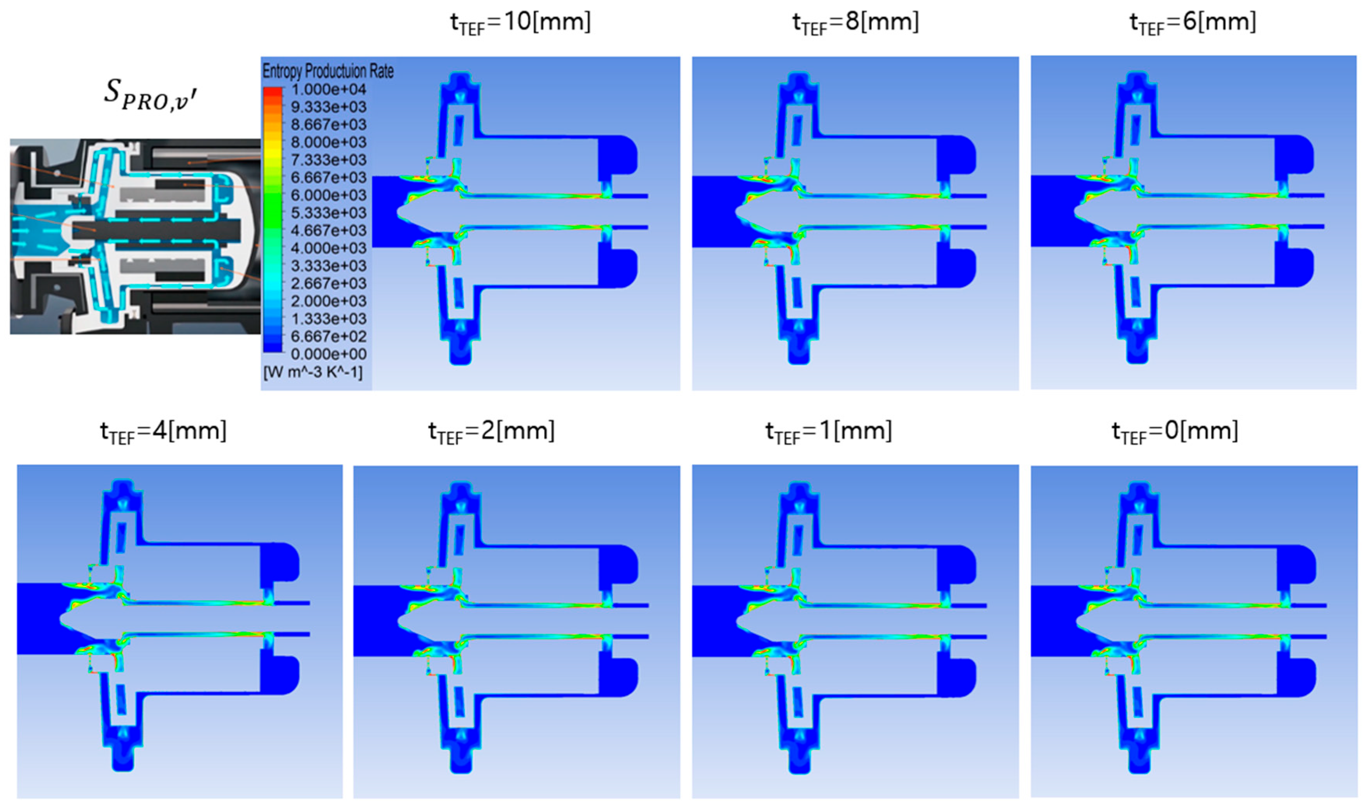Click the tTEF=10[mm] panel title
tap(520, 23)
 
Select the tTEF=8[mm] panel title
tap(856, 23)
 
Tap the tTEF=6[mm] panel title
tap(1193, 23)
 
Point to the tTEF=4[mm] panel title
tap(163, 432)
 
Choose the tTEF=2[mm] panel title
tap(491, 432)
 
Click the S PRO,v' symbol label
tap(150, 94)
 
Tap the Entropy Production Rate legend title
tap(328, 71)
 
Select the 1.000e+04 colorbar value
tap(328, 89)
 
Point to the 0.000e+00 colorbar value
tap(328, 354)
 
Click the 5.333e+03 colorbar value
tap(328, 213)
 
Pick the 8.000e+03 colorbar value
tap(328, 142)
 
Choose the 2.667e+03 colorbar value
tap(328, 284)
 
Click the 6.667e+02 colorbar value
tap(328, 337)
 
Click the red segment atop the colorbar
tap(273, 93)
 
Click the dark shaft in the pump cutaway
tap(164, 230)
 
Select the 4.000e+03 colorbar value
tap(328, 248)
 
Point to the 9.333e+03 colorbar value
tap(328, 107)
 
